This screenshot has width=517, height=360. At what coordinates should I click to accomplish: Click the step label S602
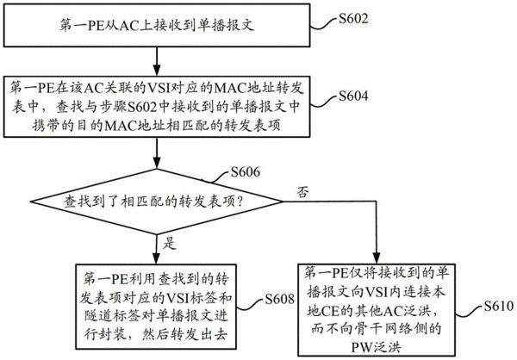(353, 19)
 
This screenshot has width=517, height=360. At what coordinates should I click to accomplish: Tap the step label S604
(353, 96)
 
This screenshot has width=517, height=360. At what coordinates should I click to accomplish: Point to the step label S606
(245, 171)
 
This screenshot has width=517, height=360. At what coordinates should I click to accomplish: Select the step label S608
(279, 299)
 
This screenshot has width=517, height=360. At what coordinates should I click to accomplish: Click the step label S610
(499, 307)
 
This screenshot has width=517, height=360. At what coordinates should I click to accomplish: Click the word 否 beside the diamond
(303, 191)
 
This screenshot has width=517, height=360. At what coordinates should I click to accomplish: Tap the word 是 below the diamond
(170, 243)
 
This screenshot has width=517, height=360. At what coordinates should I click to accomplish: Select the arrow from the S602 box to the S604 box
(157, 61)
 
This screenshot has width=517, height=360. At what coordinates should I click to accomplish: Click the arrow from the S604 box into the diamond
(157, 153)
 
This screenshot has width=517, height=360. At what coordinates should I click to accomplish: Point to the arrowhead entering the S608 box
(157, 258)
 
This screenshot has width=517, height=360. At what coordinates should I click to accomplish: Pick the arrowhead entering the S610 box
(377, 258)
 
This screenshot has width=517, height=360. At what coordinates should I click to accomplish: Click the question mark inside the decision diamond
(240, 201)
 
